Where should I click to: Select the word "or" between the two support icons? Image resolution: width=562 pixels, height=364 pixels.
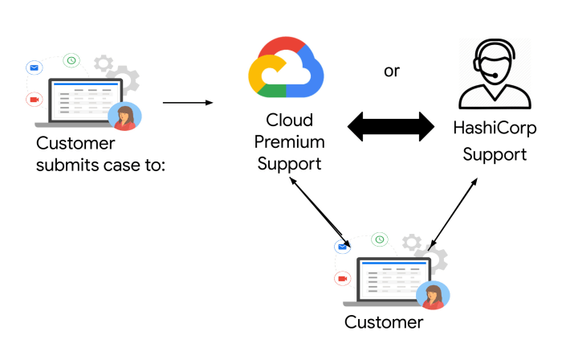(392, 71)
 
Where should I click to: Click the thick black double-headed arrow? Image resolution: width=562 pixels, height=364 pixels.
(391, 126)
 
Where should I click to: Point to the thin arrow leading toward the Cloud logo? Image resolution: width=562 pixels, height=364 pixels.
(187, 103)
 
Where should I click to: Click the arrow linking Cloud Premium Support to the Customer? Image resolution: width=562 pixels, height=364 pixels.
(320, 214)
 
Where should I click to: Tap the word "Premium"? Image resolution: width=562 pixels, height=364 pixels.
(289, 142)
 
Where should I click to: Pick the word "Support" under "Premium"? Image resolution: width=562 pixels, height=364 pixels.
(288, 164)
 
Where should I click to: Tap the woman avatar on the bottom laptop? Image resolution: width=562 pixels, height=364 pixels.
(434, 295)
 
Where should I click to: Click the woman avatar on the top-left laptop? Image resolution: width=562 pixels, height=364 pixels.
(125, 117)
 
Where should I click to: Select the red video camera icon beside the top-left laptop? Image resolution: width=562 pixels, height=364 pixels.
(34, 99)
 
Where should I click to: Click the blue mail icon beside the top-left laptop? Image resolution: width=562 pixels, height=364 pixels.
(34, 67)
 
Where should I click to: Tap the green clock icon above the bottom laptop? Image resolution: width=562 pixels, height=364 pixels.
(380, 239)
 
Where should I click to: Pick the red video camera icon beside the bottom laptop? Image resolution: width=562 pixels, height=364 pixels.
(343, 278)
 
